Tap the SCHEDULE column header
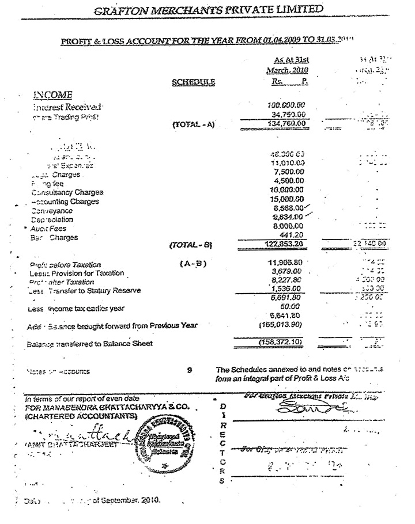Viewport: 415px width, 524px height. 193,82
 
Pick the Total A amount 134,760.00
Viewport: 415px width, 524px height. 286,124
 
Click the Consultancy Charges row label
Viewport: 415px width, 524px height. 67,192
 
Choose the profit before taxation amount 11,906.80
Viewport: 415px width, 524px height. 286,264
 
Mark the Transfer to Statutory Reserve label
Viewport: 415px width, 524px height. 86,291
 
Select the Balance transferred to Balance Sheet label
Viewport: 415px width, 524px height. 89,344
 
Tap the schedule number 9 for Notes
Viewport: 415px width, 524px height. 190,371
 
